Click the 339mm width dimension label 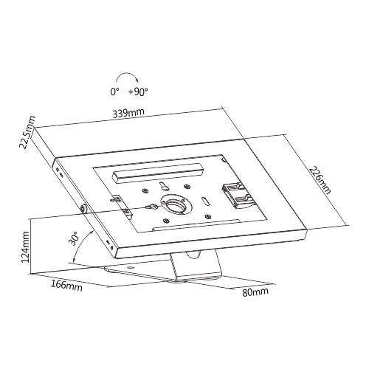pyautogui.click(x=128, y=113)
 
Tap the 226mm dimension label pyautogui.click(x=320, y=180)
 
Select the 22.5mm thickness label pyautogui.click(x=27, y=132)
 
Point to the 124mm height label pyautogui.click(x=25, y=246)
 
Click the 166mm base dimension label pyautogui.click(x=66, y=286)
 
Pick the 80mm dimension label pyautogui.click(x=255, y=292)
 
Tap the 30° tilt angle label pyautogui.click(x=74, y=238)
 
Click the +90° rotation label pyautogui.click(x=138, y=92)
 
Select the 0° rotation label pyautogui.click(x=114, y=92)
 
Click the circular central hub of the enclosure pyautogui.click(x=175, y=204)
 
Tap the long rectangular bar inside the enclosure pyautogui.click(x=158, y=173)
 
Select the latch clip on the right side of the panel pyautogui.click(x=236, y=196)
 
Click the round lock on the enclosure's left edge pyautogui.click(x=83, y=209)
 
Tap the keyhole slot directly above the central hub pyautogui.click(x=164, y=186)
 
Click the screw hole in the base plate pyautogui.click(x=131, y=267)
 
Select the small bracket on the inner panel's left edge pyautogui.click(x=123, y=205)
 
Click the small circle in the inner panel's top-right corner pyautogui.click(x=224, y=160)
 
